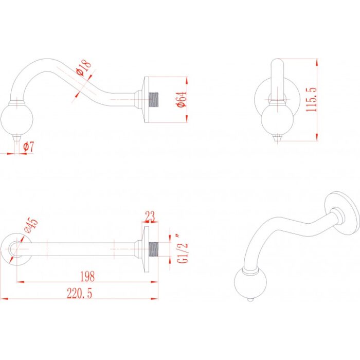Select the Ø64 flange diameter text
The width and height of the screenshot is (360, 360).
coord(182,99)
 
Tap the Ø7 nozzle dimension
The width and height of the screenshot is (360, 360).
coord(29,147)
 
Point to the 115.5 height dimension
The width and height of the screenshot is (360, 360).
coord(311,99)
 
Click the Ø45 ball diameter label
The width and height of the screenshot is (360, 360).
coord(31,225)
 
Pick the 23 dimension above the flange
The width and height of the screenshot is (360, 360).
coord(150,217)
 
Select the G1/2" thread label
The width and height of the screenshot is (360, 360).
coord(183,248)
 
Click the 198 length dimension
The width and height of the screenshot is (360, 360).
coord(87,277)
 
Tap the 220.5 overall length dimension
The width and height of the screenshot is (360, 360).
coord(79,294)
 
